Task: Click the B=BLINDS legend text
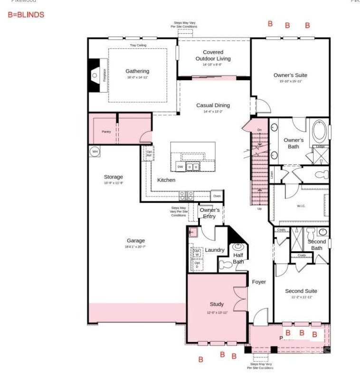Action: tap(26, 15)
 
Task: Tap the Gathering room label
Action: tap(137, 71)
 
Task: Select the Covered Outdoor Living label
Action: tap(213, 56)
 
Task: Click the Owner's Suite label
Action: tap(290, 75)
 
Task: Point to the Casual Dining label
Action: tap(213, 105)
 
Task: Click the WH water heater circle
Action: tap(95, 152)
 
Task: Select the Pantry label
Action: tap(106, 132)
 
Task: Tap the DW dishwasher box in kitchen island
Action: tap(180, 167)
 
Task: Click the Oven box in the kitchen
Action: tap(217, 196)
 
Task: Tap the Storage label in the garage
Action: tap(114, 177)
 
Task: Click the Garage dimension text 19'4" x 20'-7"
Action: tap(135, 247)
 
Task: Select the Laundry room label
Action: tap(215, 250)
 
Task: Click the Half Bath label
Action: tap(238, 258)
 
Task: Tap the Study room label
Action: tap(217, 304)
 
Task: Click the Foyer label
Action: tap(259, 282)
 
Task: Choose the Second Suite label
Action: tap(301, 291)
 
